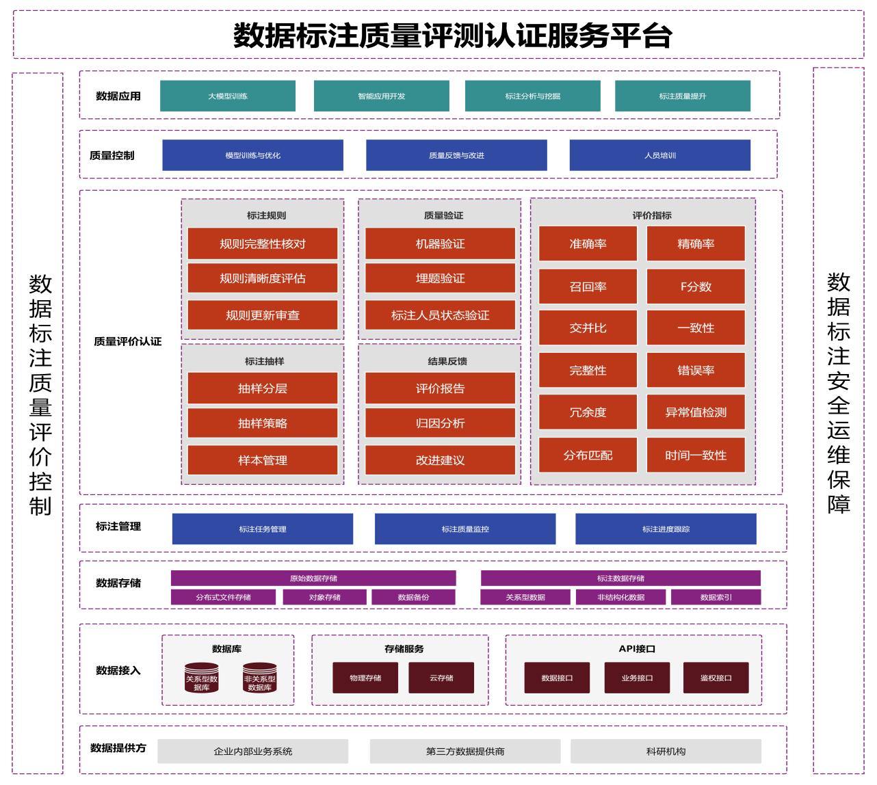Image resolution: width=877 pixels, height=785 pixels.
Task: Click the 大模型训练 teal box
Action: (x=228, y=96)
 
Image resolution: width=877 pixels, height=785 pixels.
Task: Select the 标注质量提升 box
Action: (x=682, y=96)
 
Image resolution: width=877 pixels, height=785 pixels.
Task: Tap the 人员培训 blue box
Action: (x=659, y=155)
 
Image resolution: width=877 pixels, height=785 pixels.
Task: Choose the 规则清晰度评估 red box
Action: (x=263, y=278)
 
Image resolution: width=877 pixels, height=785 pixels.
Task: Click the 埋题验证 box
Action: (x=440, y=278)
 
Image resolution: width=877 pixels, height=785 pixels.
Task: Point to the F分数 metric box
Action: (x=696, y=287)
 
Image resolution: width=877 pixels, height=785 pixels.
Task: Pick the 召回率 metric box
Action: (x=588, y=287)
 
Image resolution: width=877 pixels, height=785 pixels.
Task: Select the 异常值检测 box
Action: (x=696, y=412)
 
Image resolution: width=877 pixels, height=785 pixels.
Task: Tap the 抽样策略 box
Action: (x=263, y=423)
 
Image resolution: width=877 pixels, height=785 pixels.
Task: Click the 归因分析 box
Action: (x=440, y=423)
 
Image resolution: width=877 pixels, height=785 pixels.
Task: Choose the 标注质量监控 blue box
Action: (x=465, y=529)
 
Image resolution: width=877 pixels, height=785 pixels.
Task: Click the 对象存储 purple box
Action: (x=324, y=597)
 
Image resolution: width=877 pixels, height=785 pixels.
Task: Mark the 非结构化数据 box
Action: (x=620, y=597)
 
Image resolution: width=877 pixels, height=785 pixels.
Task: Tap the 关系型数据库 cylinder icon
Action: (x=202, y=678)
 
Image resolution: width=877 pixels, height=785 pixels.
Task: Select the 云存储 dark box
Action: (x=441, y=678)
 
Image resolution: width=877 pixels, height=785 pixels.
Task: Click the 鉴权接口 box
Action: (x=716, y=678)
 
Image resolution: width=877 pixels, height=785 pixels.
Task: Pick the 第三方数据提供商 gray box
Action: (x=465, y=751)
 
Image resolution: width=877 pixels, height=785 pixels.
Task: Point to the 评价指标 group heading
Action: (x=651, y=215)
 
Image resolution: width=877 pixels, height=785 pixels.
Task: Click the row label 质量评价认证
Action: (x=128, y=341)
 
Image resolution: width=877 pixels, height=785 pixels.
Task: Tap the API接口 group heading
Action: (x=637, y=649)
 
